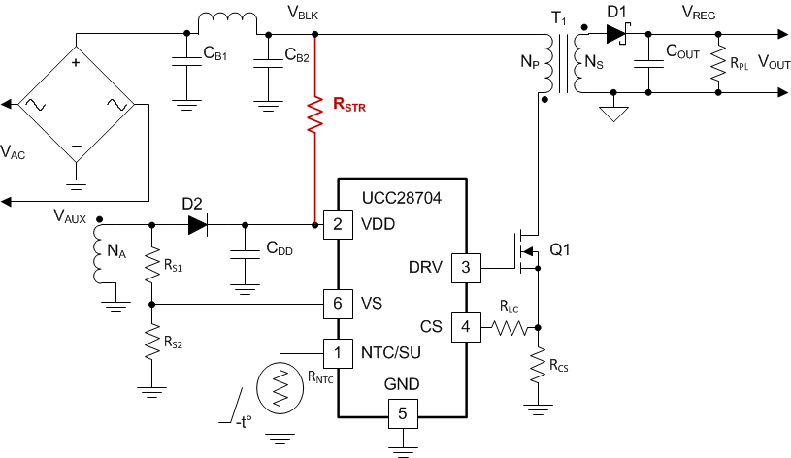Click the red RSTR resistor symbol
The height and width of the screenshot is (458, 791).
[314, 113]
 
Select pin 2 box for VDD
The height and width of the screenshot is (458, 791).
[337, 225]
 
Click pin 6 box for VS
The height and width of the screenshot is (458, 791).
[337, 303]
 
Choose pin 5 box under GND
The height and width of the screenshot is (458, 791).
[402, 414]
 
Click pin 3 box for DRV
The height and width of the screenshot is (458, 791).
[465, 268]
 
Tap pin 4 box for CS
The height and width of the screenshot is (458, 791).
[465, 326]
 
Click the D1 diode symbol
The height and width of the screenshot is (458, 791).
[615, 34]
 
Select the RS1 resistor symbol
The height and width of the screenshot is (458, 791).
[151, 263]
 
